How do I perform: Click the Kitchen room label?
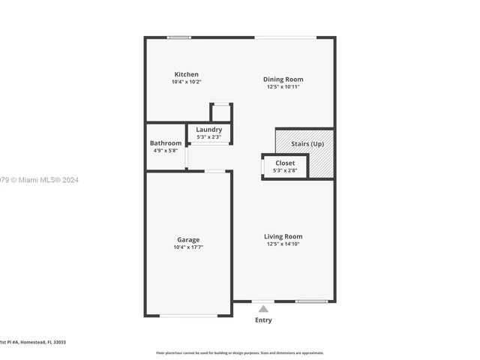(x=187, y=74)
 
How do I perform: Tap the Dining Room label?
(x=283, y=79)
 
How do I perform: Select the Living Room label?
(x=283, y=236)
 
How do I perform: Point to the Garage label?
(x=187, y=240)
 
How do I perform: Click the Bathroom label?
(x=165, y=143)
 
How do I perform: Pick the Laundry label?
(x=208, y=130)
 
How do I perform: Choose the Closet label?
(x=285, y=163)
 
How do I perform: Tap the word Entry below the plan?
(x=263, y=320)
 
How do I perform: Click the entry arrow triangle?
(x=263, y=308)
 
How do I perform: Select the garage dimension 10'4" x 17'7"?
(x=188, y=247)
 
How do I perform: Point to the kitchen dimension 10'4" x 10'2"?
(x=187, y=82)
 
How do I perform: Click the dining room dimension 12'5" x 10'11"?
(x=283, y=86)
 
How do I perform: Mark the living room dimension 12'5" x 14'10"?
(x=283, y=244)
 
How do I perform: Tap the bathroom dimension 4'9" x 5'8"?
(x=165, y=151)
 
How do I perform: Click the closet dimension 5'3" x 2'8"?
(x=285, y=170)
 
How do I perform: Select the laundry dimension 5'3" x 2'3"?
(x=208, y=137)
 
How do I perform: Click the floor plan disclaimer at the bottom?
(x=240, y=352)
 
